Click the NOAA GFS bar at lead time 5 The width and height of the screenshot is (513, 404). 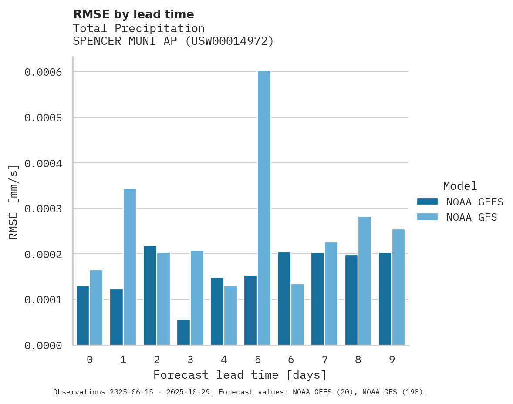(x=264, y=208)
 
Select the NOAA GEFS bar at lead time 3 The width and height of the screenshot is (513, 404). (x=183, y=333)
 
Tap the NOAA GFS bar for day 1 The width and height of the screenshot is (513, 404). (x=130, y=266)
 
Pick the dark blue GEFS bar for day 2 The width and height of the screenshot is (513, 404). (x=150, y=295)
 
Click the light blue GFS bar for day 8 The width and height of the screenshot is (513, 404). (x=364, y=281)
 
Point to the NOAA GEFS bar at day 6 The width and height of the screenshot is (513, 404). (x=284, y=299)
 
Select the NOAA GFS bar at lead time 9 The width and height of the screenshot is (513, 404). (x=398, y=287)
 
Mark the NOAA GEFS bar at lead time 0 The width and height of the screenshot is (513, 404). (x=83, y=315)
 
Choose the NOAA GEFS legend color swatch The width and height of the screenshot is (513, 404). (x=427, y=202)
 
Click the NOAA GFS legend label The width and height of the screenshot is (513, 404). (x=471, y=217)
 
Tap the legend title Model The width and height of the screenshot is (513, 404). (x=460, y=186)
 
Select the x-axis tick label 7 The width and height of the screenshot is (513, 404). (x=324, y=360)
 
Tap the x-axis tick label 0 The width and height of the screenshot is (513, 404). (x=89, y=360)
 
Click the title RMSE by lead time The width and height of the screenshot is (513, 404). (x=133, y=14)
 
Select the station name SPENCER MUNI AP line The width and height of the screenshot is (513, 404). (x=173, y=41)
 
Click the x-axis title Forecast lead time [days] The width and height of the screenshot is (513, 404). (x=240, y=375)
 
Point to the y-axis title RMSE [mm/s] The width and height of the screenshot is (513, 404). (x=14, y=202)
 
